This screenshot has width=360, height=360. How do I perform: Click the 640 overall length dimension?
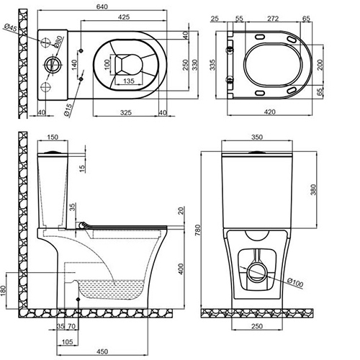pos(102,6)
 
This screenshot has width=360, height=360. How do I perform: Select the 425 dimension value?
pos(124,17)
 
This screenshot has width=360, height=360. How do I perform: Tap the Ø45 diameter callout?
pos(11,28)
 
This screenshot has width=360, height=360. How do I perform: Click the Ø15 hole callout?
pos(68,110)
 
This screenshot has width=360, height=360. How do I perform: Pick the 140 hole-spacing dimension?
pos(74,64)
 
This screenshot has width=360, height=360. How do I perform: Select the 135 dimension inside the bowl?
pos(129,81)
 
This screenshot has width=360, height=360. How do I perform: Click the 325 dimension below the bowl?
pos(126,112)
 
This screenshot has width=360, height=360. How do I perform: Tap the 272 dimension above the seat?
pos(273,19)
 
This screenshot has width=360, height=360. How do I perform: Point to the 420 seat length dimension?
pos(270,112)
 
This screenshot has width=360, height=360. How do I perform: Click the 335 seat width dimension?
pos(212,65)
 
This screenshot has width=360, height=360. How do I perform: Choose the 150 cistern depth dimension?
pos(53,137)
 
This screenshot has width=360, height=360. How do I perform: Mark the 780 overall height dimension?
pos(197,230)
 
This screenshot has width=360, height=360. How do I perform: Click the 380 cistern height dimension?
pos(314,189)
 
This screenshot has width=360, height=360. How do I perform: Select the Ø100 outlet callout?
pos(295,282)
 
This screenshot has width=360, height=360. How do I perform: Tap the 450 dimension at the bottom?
pos(102,351)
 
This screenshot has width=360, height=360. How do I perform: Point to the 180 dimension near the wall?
pos(4,291)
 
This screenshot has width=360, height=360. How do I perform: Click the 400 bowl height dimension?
pos(181,269)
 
